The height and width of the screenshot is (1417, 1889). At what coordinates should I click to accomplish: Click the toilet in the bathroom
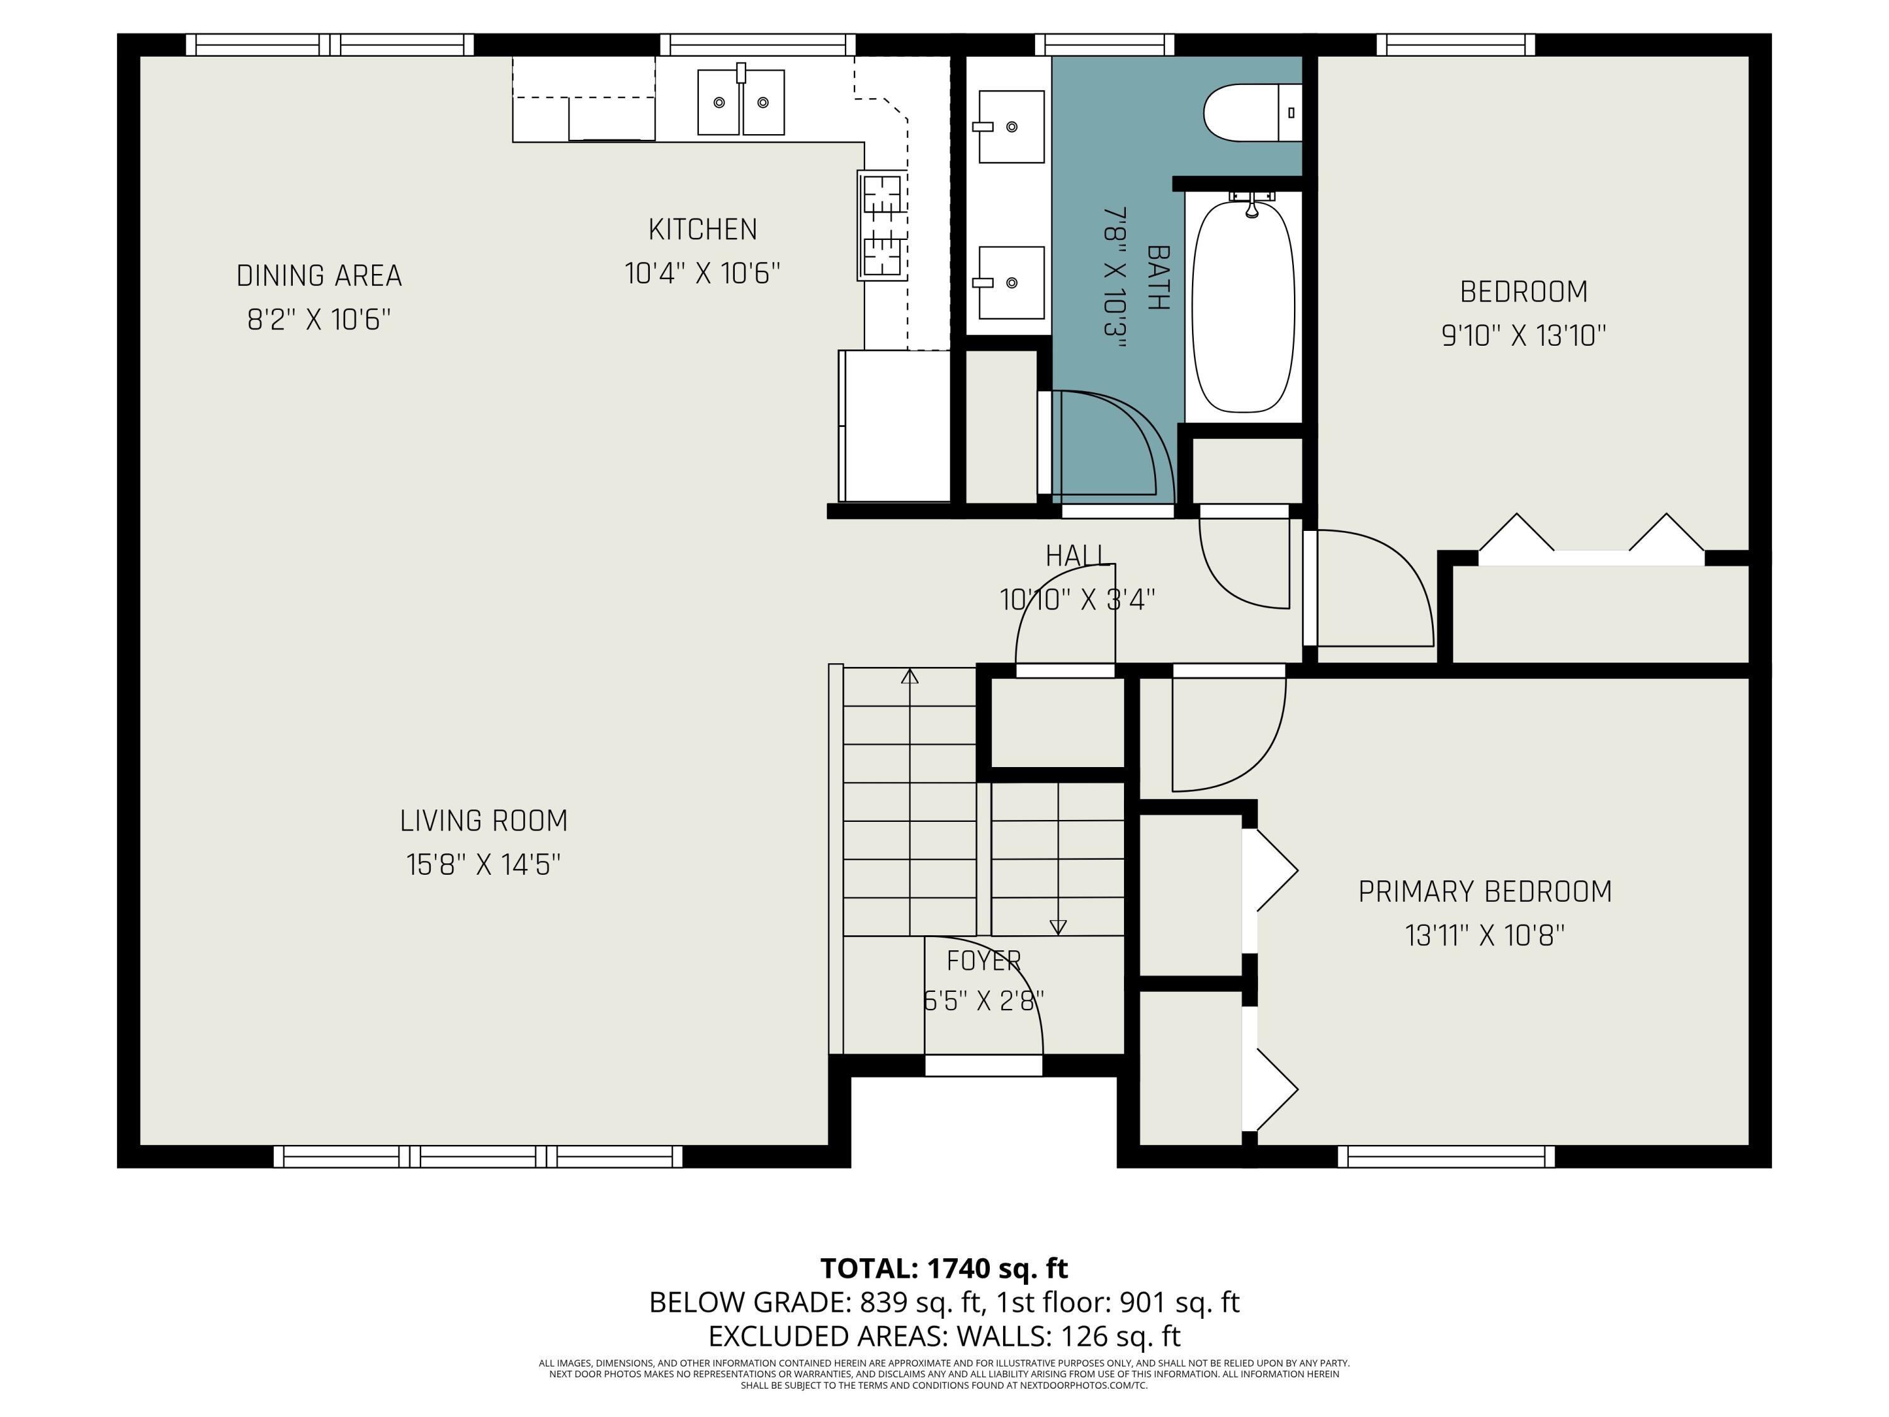[x=1252, y=113]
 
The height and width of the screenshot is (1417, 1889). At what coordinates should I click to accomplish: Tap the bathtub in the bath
[x=1244, y=307]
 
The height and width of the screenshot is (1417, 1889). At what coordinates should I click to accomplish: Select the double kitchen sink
[x=740, y=101]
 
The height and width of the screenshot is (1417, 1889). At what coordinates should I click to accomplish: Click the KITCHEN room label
[x=703, y=230]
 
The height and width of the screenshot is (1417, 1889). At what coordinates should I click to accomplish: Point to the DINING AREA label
[x=319, y=276]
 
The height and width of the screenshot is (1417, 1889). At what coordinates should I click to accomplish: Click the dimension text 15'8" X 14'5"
[x=484, y=865]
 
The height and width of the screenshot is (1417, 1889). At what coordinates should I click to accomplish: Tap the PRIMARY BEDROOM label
[x=1485, y=892]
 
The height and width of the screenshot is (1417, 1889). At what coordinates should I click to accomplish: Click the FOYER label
[x=984, y=961]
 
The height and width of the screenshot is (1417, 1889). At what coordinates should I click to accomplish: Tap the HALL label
[x=1077, y=556]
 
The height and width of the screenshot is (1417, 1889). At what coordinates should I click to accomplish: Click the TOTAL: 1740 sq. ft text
[x=944, y=1268]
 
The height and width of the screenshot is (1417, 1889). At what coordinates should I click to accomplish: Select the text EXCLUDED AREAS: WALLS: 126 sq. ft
[x=944, y=1336]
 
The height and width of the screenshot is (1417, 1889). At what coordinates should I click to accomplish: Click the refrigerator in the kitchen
[x=895, y=425]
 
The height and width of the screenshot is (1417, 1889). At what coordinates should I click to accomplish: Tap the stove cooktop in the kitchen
[x=882, y=225]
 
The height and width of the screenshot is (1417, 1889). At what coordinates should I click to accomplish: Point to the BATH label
[x=1158, y=278]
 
